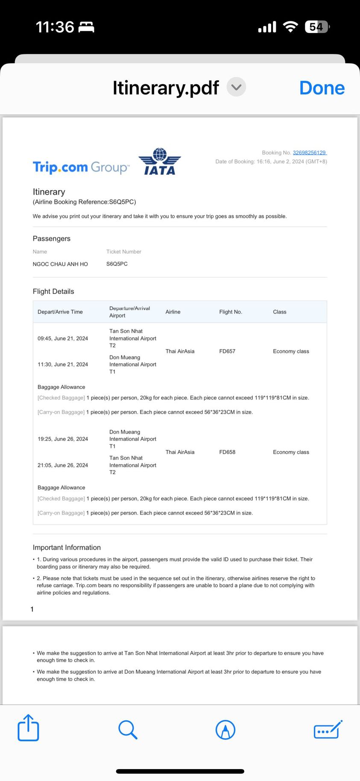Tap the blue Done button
pyautogui.click(x=322, y=88)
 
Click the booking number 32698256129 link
pyautogui.click(x=309, y=153)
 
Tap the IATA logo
pyautogui.click(x=160, y=161)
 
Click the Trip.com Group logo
pyautogui.click(x=81, y=167)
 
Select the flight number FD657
pyautogui.click(x=227, y=351)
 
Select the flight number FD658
pyautogui.click(x=227, y=452)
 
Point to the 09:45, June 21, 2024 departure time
pyautogui.click(x=63, y=338)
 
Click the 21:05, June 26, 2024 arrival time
pyautogui.click(x=63, y=465)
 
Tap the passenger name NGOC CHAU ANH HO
pyautogui.click(x=60, y=264)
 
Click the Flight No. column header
pyautogui.click(x=231, y=312)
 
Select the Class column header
pyautogui.click(x=280, y=312)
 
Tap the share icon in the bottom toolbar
pyautogui.click(x=28, y=728)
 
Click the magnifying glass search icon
pyautogui.click(x=128, y=729)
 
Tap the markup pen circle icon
pyautogui.click(x=225, y=729)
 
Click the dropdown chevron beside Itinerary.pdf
pyautogui.click(x=236, y=87)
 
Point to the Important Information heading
pyautogui.click(x=67, y=547)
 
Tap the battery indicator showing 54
pyautogui.click(x=316, y=27)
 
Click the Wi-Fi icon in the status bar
pyautogui.click(x=290, y=27)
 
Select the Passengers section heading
pyautogui.click(x=52, y=238)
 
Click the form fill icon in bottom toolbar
pyautogui.click(x=328, y=729)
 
